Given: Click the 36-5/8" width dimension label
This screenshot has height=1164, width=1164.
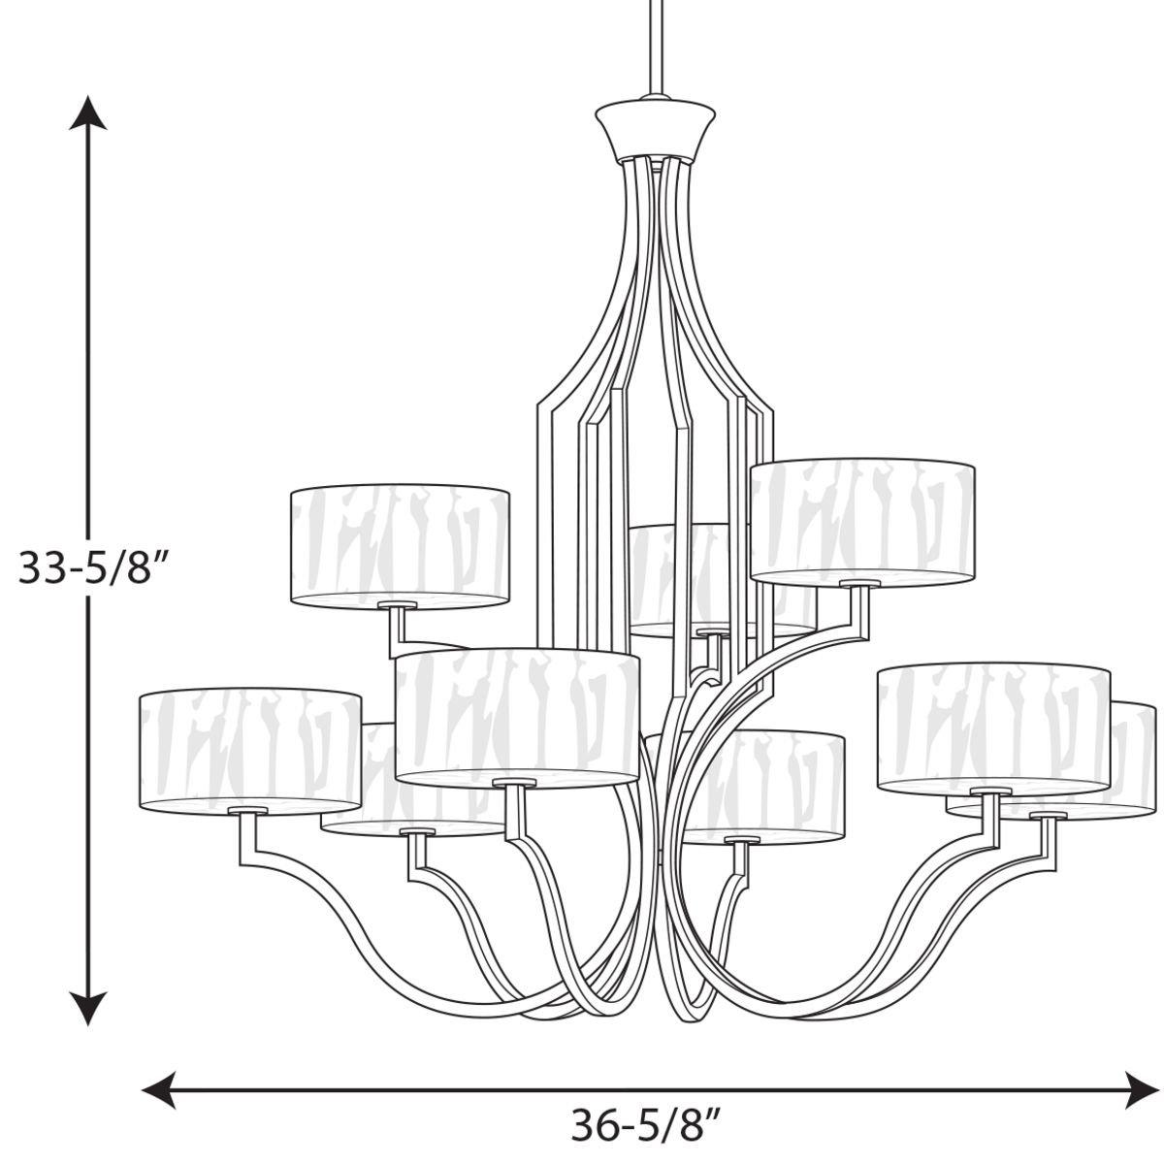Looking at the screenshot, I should point(645,1127).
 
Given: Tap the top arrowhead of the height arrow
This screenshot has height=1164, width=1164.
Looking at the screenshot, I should point(89,113).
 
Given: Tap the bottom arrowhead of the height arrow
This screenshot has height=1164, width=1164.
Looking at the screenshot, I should point(89,1009).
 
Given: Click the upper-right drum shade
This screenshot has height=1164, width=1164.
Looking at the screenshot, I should point(861,521).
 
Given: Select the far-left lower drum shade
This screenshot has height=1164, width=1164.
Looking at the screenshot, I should point(249,747).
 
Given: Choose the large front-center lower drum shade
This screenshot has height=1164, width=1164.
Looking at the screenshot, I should point(517,715).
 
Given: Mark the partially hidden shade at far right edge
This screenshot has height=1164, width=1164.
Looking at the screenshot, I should point(1135,757).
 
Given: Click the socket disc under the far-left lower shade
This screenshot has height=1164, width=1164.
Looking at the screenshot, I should point(248,809).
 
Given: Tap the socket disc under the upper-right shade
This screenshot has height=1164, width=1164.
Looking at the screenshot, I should point(859,583).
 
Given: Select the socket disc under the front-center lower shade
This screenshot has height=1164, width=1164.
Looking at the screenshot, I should point(514,781).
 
